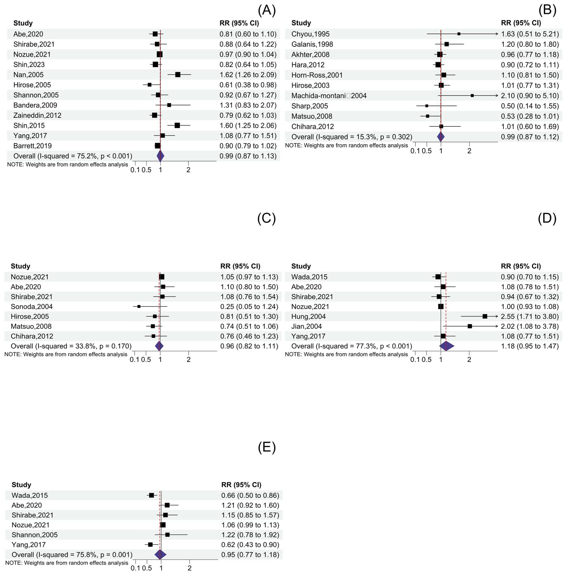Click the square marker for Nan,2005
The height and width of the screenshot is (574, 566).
click(x=178, y=75)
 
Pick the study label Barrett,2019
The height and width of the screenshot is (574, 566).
click(x=32, y=146)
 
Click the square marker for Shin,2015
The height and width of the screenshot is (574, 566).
click(x=177, y=125)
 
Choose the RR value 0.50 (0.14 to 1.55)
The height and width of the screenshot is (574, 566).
click(x=530, y=106)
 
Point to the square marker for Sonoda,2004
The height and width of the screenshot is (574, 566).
click(x=139, y=306)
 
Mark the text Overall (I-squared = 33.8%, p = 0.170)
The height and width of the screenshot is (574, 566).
click(x=71, y=346)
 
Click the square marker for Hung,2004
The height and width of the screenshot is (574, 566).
click(x=485, y=316)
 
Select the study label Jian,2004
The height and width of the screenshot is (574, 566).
click(x=306, y=326)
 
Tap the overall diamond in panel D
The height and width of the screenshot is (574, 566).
click(x=447, y=346)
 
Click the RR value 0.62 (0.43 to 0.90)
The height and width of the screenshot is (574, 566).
click(x=250, y=545)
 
